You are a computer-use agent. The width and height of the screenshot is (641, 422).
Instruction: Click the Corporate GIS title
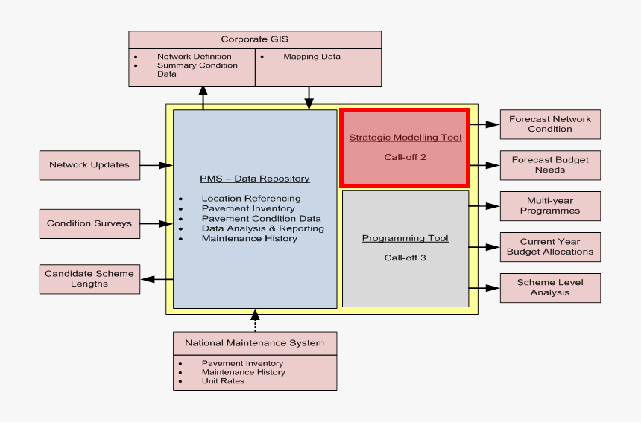pyautogui.click(x=254, y=39)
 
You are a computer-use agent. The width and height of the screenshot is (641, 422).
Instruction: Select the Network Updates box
pyautogui.click(x=89, y=165)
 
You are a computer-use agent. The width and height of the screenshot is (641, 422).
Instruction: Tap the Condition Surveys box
pyautogui.click(x=89, y=223)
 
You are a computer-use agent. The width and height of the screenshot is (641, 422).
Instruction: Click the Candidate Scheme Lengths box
pyautogui.click(x=89, y=278)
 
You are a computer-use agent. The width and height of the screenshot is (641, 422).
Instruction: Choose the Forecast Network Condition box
pyautogui.click(x=550, y=124)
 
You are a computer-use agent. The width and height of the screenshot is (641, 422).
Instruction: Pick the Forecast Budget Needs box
pyautogui.click(x=550, y=164)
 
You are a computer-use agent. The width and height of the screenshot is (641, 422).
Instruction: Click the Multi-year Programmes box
pyautogui.click(x=550, y=206)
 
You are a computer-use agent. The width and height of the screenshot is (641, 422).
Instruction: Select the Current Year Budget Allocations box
pyautogui.click(x=550, y=247)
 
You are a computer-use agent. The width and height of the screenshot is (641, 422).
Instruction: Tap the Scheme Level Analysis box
pyautogui.click(x=550, y=288)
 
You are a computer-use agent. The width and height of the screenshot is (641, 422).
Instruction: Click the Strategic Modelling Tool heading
pyautogui.click(x=405, y=138)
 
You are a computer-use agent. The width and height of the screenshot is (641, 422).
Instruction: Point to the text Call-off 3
pyautogui.click(x=405, y=258)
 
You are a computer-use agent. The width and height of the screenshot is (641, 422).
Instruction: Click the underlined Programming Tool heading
pyautogui.click(x=405, y=238)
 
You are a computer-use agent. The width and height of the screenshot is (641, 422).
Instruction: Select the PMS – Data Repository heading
pyautogui.click(x=255, y=179)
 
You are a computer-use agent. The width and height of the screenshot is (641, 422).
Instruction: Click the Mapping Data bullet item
pyautogui.click(x=312, y=57)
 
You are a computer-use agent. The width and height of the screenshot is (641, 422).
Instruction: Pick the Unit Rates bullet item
pyautogui.click(x=223, y=381)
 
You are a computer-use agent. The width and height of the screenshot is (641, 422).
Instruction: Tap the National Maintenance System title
pyautogui.click(x=255, y=343)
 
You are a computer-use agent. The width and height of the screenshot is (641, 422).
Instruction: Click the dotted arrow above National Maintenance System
pyautogui.click(x=255, y=321)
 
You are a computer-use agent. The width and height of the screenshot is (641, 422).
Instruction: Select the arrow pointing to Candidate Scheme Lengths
pyautogui.click(x=157, y=279)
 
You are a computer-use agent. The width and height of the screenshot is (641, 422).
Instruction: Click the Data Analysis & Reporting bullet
pyautogui.click(x=262, y=228)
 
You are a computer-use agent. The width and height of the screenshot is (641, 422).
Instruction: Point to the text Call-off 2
pyautogui.click(x=405, y=157)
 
